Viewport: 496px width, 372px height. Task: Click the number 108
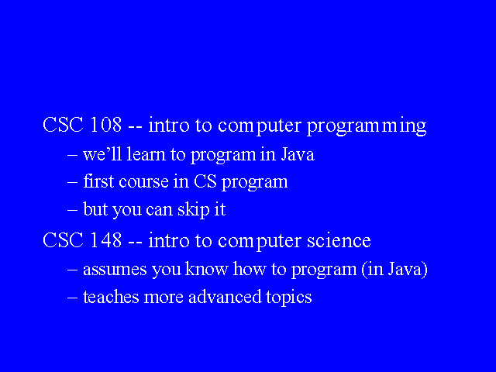(105, 125)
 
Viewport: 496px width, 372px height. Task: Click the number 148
(105, 240)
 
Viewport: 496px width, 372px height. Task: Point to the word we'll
(102, 154)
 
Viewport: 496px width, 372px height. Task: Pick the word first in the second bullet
(98, 181)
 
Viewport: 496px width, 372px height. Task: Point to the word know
(207, 269)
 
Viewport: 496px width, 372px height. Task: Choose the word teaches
(111, 297)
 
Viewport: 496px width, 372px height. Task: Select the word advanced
(225, 297)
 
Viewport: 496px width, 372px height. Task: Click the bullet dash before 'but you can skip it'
(72, 210)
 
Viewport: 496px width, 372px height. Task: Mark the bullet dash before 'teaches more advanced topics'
(72, 298)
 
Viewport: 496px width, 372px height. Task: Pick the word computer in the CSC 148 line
(259, 242)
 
